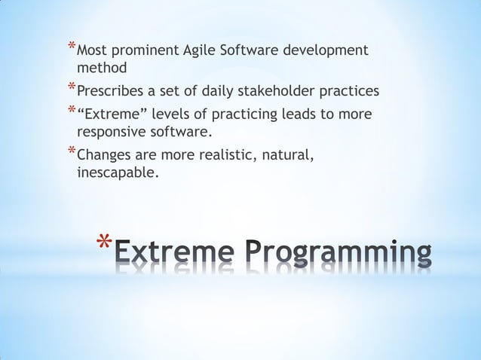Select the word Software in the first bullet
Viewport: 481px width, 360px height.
click(x=249, y=51)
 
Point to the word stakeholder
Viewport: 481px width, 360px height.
click(x=282, y=92)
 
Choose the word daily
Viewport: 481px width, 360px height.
click(x=224, y=92)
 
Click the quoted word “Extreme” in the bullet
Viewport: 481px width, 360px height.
click(x=109, y=115)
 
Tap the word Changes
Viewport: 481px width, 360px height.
click(x=104, y=157)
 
